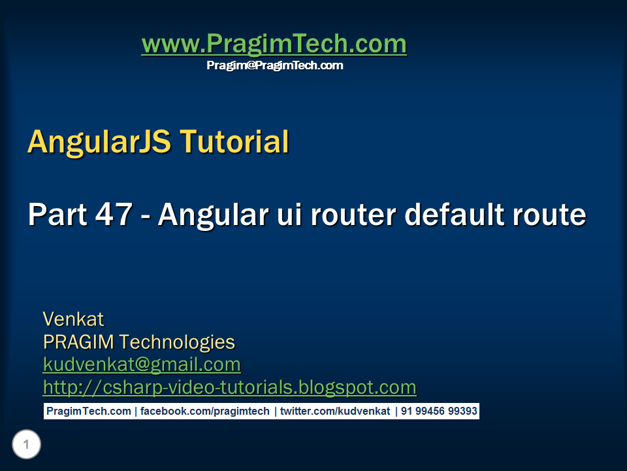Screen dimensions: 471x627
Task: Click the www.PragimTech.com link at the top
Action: (x=274, y=44)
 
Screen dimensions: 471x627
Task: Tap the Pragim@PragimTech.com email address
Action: (x=274, y=65)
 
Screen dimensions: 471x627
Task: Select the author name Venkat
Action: (x=73, y=319)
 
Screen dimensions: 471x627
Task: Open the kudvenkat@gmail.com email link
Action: (x=142, y=364)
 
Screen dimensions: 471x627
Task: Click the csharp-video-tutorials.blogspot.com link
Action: (x=229, y=387)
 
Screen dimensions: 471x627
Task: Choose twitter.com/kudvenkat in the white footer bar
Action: (x=335, y=411)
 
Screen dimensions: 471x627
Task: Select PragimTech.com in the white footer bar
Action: (x=88, y=411)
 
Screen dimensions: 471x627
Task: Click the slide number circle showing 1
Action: (x=26, y=445)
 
